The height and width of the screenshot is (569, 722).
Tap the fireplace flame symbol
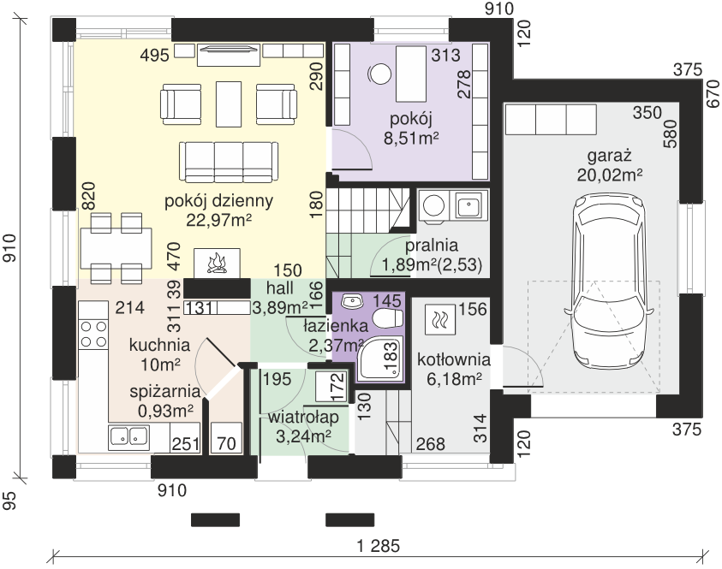(x=217, y=264)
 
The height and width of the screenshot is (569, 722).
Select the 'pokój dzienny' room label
(x=218, y=201)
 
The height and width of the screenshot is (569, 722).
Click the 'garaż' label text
(x=609, y=156)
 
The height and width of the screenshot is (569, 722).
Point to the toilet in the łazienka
(x=388, y=317)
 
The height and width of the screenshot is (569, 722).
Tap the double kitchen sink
(x=128, y=436)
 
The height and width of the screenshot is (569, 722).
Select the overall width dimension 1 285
(x=379, y=546)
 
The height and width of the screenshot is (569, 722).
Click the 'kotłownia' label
(x=454, y=359)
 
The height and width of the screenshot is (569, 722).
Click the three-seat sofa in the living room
(x=229, y=162)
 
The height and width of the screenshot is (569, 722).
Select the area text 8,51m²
(x=411, y=139)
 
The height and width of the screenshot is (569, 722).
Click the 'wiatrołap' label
(x=303, y=418)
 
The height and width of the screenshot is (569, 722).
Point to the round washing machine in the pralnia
(x=433, y=205)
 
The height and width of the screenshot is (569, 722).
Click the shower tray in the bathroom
(x=380, y=359)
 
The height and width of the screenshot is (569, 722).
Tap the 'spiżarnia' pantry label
(x=165, y=392)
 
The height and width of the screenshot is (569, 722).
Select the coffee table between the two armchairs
(x=229, y=104)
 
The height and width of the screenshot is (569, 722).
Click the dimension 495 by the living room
(x=155, y=56)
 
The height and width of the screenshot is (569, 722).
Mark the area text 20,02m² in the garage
(x=610, y=175)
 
